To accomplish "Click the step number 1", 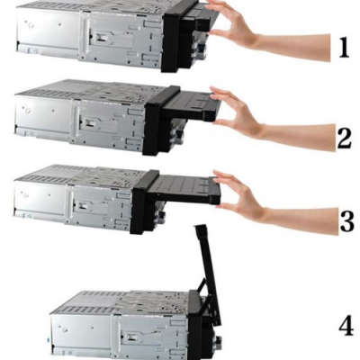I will pos(343,48).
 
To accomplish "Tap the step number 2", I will pos(343,138).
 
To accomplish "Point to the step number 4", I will pos(345,325).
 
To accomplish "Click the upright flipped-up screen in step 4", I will pos(205,261).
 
